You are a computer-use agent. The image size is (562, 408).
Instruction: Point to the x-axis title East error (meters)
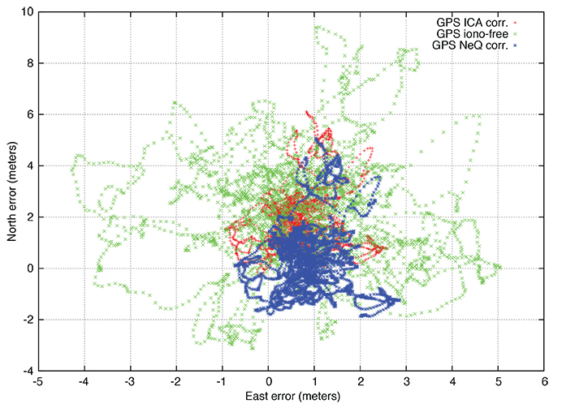(292, 397)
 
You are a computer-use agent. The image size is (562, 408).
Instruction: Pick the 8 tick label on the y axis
(27, 63)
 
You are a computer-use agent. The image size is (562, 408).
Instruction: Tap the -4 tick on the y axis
(25, 371)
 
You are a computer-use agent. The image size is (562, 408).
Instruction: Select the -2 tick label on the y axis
(25, 320)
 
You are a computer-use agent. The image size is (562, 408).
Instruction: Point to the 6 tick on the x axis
(545, 382)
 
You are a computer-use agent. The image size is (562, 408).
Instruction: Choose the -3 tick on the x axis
(129, 382)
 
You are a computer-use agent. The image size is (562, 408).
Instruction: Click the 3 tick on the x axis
(407, 382)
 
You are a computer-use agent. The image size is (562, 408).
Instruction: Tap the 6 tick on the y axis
(27, 114)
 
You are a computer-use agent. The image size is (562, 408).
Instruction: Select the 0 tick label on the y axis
(27, 268)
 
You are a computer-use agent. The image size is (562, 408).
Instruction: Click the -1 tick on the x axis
(222, 382)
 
